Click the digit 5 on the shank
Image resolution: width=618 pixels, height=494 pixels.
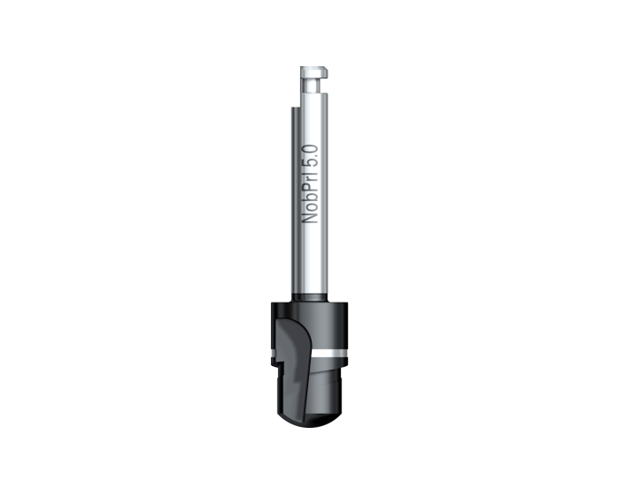[310, 161]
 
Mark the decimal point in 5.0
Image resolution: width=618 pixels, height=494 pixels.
[316, 155]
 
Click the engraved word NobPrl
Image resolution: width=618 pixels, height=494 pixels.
[310, 197]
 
